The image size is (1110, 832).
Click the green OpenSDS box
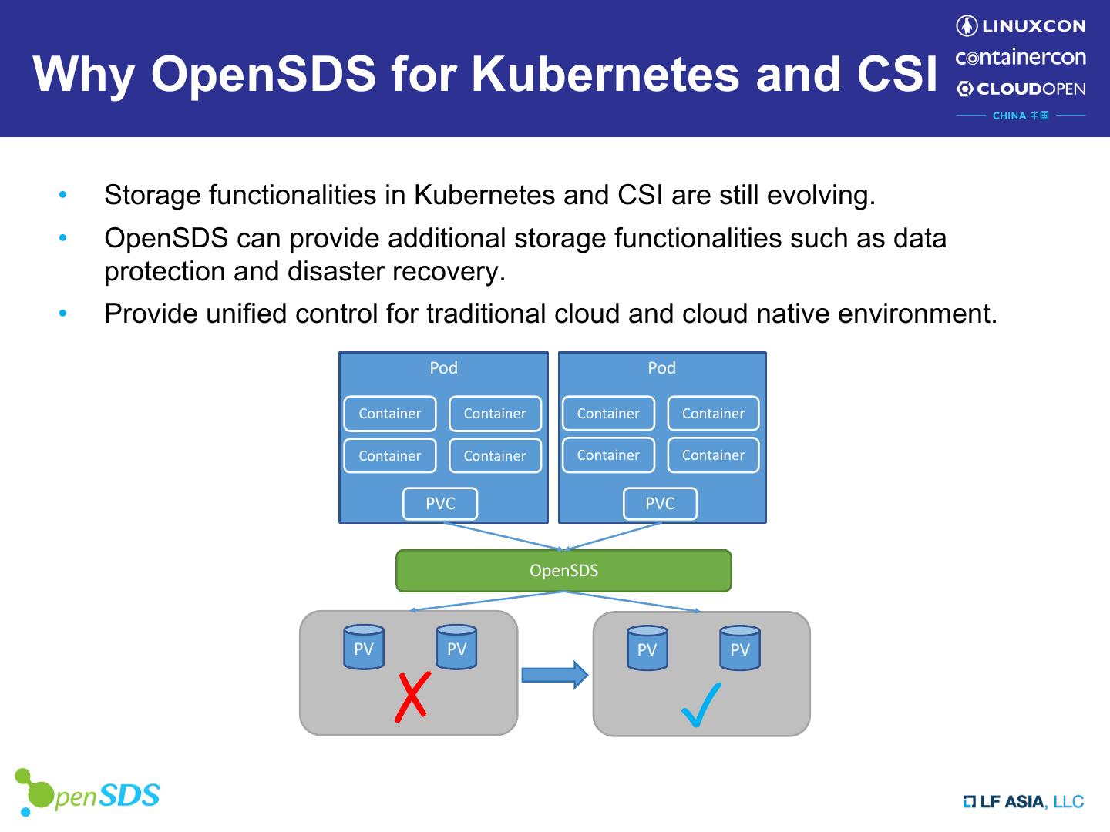(563, 571)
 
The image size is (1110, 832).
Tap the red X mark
(412, 697)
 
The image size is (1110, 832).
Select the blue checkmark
(701, 705)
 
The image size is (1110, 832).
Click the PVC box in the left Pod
(440, 504)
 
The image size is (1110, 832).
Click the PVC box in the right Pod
(660, 504)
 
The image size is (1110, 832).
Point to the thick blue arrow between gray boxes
(554, 675)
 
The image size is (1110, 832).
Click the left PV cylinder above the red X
(364, 647)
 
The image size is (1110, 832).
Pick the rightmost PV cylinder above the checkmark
(740, 648)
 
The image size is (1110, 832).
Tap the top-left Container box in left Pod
(390, 414)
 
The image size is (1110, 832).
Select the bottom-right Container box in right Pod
(713, 455)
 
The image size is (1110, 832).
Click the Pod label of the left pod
(443, 368)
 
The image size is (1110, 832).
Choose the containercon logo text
(1021, 58)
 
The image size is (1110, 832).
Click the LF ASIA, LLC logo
(1024, 802)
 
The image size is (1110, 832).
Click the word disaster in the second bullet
(335, 271)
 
